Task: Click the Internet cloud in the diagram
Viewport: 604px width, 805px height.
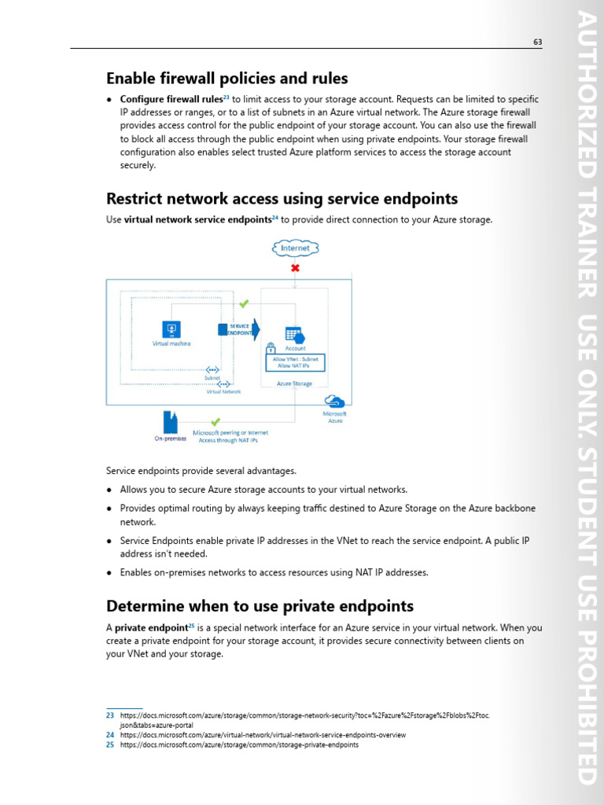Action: click(x=296, y=248)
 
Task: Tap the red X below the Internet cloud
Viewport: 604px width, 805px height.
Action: click(x=296, y=268)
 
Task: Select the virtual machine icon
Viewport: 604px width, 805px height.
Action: click(x=171, y=329)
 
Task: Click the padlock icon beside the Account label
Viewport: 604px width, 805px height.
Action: click(x=271, y=347)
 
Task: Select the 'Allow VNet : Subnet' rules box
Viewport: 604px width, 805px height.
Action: click(x=296, y=362)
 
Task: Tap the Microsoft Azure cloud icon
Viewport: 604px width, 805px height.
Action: click(x=334, y=402)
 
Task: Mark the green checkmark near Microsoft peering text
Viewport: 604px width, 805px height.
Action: click(x=215, y=422)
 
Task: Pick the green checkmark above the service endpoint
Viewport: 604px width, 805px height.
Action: click(x=244, y=303)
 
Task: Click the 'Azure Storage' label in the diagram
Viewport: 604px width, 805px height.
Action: click(x=294, y=384)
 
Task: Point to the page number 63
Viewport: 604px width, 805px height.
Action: click(x=538, y=42)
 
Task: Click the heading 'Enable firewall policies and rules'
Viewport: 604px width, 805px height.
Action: click(x=227, y=79)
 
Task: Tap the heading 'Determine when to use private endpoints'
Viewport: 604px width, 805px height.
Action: click(x=260, y=606)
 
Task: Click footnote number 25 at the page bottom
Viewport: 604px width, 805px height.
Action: click(x=110, y=744)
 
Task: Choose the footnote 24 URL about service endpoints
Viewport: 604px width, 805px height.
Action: click(x=263, y=735)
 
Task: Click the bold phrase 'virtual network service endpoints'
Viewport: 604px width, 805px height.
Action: click(x=197, y=220)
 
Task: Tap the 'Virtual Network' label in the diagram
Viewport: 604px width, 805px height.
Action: click(x=223, y=391)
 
